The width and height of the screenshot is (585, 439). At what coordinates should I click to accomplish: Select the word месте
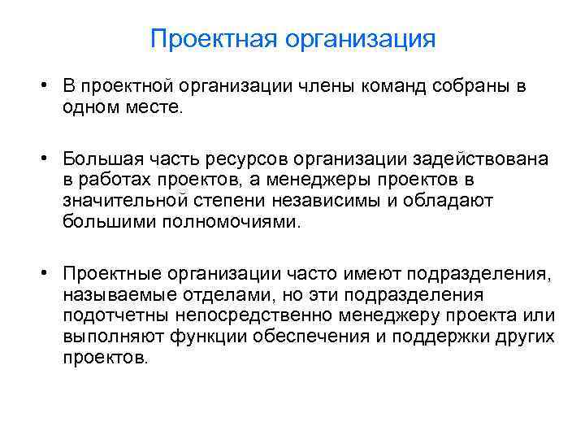point(160,108)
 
